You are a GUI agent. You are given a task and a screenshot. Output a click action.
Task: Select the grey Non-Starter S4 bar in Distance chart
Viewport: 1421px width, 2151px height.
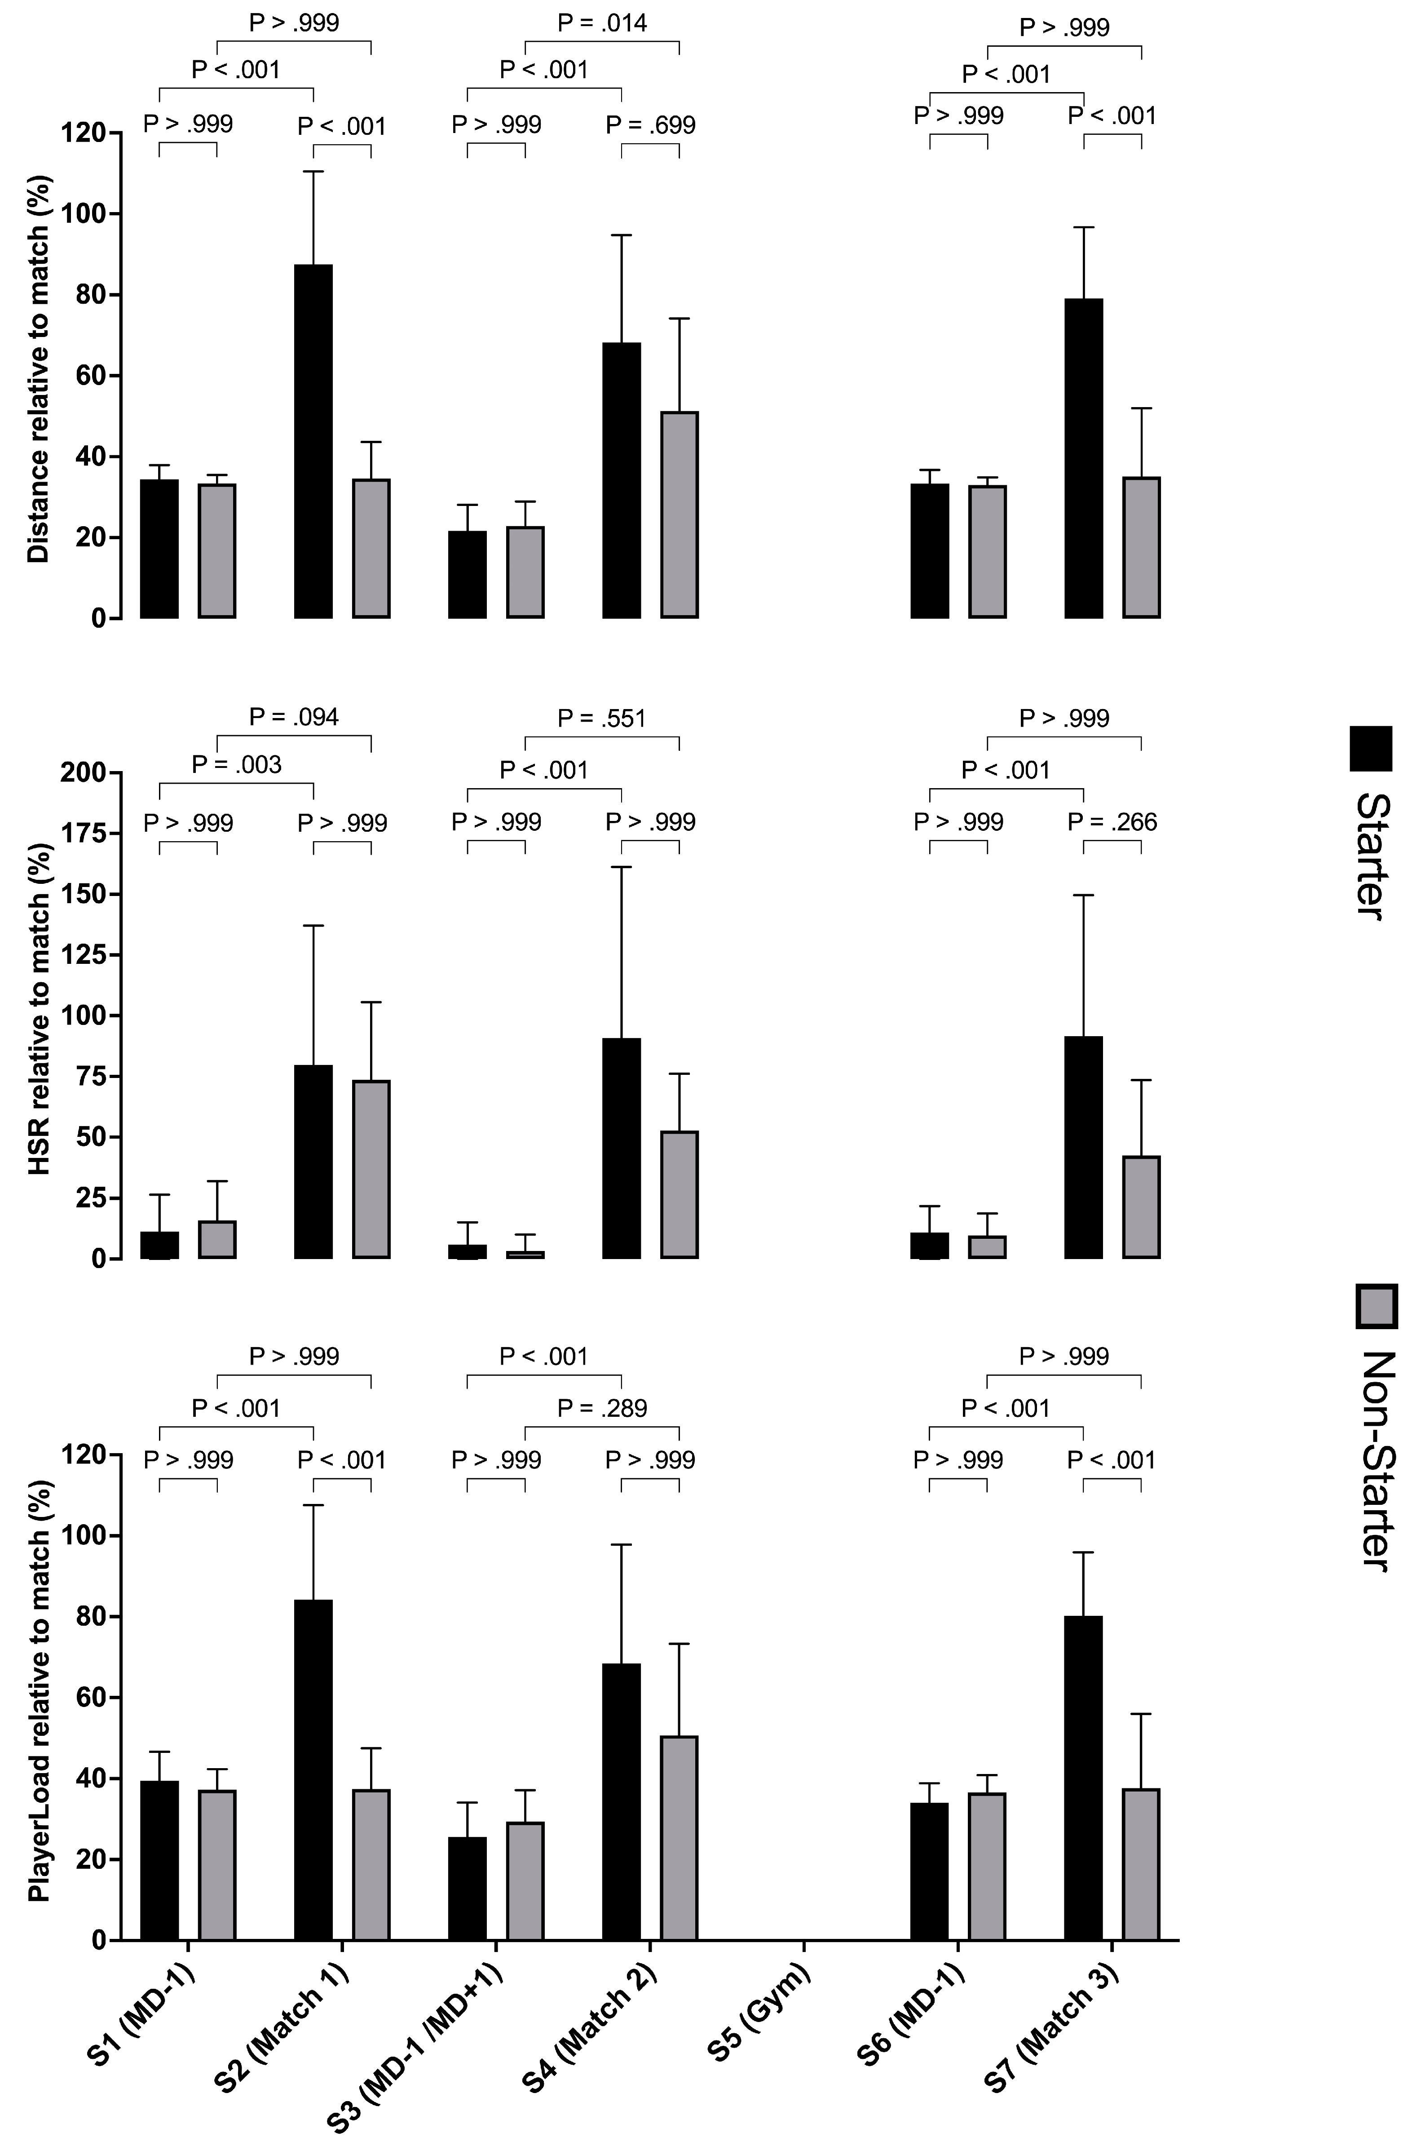tap(680, 515)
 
